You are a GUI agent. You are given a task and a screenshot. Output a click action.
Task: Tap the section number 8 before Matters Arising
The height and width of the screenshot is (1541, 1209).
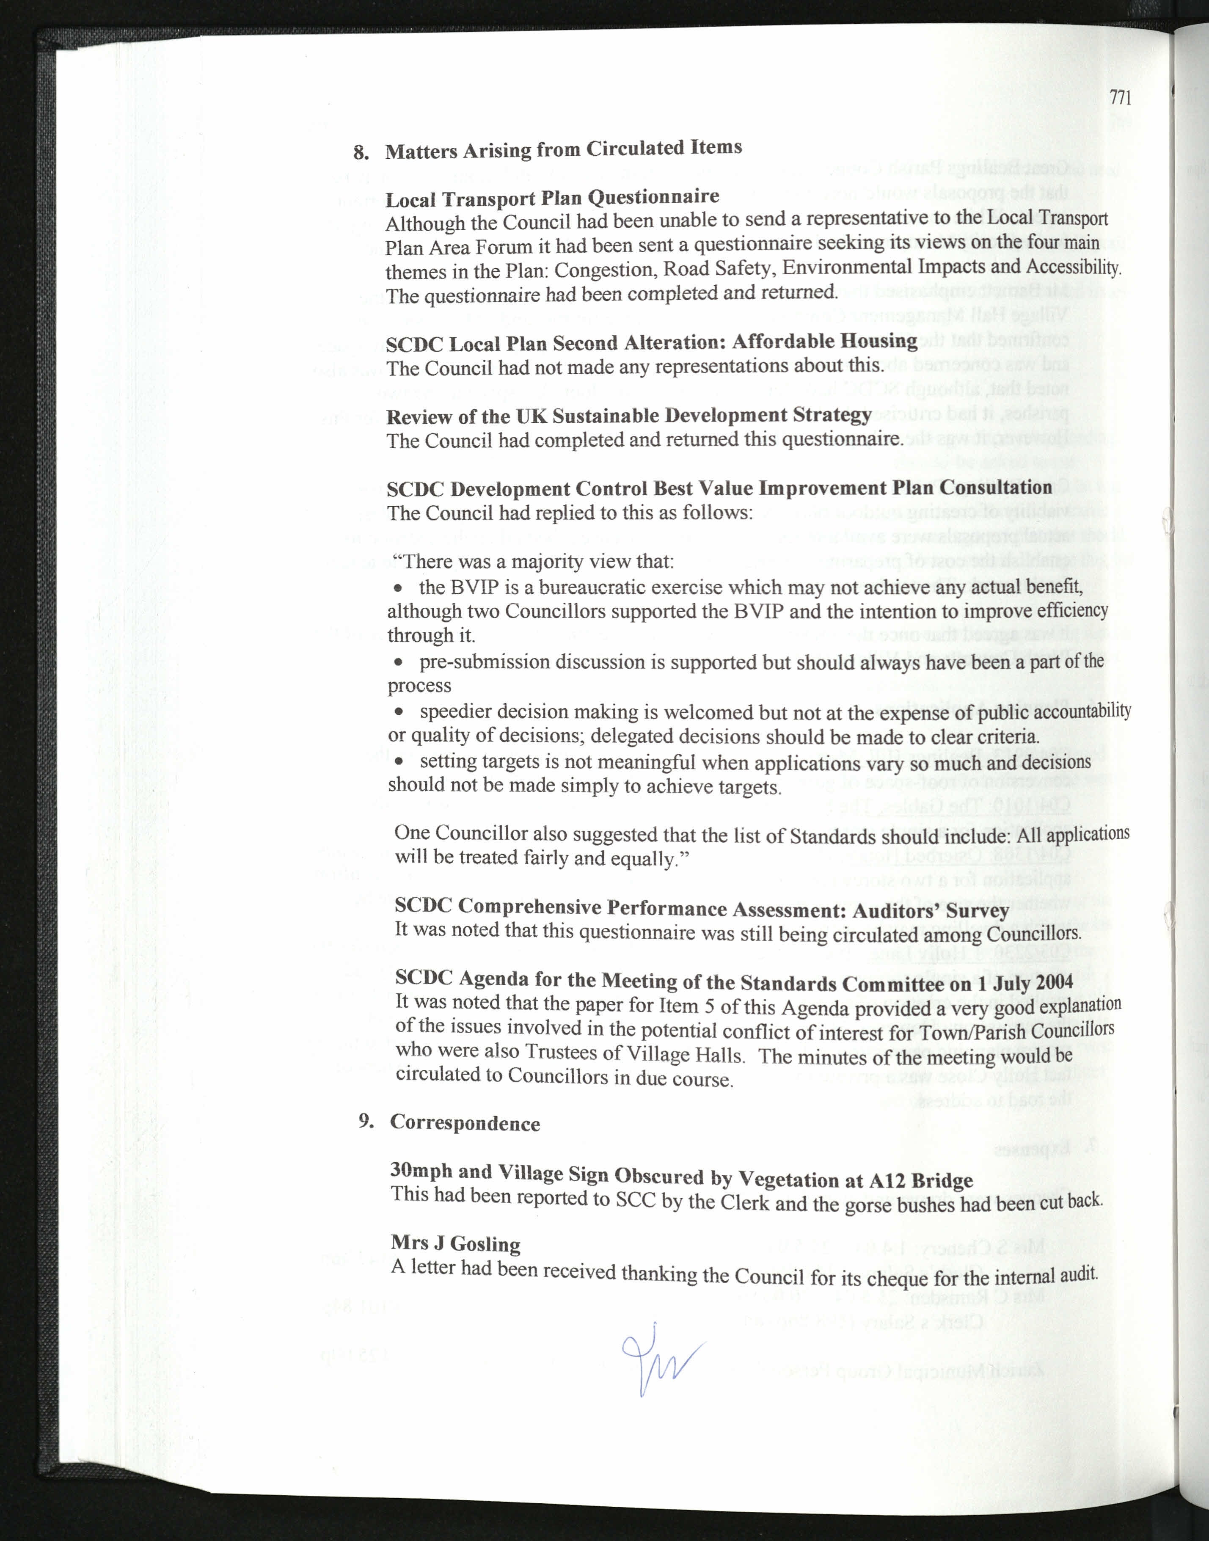click(x=360, y=153)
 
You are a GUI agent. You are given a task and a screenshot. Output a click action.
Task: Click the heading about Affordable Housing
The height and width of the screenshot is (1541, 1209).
click(x=651, y=342)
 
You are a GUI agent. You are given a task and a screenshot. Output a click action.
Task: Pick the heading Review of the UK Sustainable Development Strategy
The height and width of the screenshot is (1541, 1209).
click(x=628, y=416)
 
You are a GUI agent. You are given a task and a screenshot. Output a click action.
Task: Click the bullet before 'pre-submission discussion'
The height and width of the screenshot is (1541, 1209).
click(x=399, y=662)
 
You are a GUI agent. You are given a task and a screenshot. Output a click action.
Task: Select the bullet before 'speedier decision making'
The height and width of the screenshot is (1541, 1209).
click(x=399, y=712)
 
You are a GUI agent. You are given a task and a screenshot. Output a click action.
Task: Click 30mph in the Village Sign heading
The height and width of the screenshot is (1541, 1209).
click(x=421, y=1170)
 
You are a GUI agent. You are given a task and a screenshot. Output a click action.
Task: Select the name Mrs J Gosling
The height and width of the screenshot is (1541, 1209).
click(x=455, y=1244)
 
